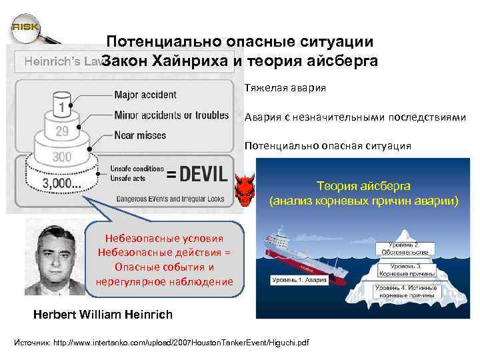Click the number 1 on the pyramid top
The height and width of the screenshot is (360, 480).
[x=62, y=106]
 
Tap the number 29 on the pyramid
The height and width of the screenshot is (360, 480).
[x=62, y=131]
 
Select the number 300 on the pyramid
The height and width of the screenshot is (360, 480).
[x=63, y=157]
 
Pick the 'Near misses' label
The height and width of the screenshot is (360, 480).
[x=140, y=135]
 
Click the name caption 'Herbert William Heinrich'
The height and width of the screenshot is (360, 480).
[x=103, y=314]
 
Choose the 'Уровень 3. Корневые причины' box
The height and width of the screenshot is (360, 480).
[x=407, y=269]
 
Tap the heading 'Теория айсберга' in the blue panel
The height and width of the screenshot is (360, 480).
[x=363, y=186]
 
